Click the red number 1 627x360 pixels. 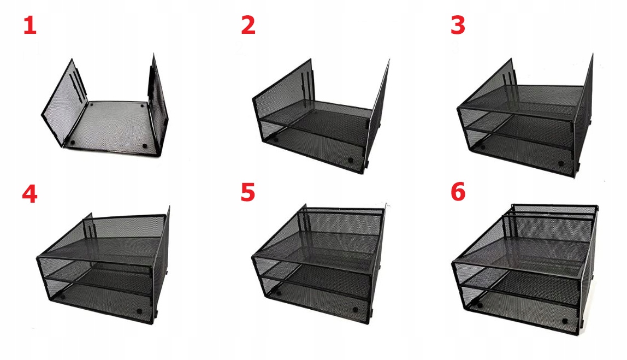tap(29, 26)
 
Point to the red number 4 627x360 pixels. tap(29, 194)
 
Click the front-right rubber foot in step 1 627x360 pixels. tap(145, 146)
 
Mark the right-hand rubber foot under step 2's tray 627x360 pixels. tap(350, 160)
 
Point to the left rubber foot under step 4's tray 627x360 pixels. tap(63, 298)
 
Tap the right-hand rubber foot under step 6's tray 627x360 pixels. tap(565, 321)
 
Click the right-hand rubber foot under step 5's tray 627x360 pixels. tap(356, 309)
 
